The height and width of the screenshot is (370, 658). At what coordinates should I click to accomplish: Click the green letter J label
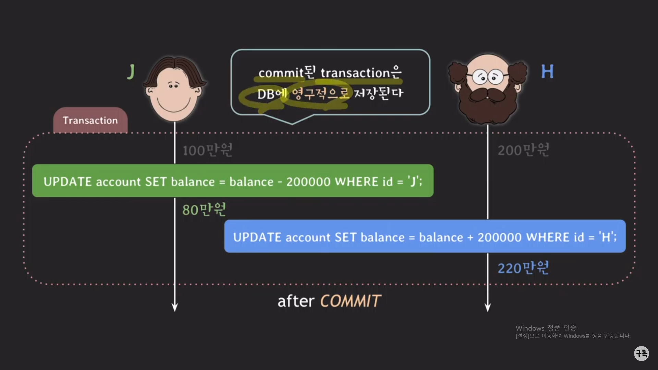(131, 72)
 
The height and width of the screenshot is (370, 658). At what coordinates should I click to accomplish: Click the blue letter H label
(547, 72)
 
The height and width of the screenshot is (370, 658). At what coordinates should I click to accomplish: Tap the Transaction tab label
(90, 120)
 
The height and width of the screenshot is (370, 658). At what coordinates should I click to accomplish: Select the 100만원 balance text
(207, 150)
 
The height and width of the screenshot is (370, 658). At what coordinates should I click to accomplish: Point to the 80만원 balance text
(204, 209)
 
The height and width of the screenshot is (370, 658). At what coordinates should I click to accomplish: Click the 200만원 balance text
(523, 150)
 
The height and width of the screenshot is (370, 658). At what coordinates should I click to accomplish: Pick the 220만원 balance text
(523, 268)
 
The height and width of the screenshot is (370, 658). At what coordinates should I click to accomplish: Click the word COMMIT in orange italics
(350, 301)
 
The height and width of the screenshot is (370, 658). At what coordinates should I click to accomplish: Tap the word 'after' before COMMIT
(295, 301)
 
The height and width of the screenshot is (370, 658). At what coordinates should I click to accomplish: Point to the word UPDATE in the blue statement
(257, 237)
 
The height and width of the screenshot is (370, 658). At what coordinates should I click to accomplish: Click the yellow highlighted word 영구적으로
(320, 93)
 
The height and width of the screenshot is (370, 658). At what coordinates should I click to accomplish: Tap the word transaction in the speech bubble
(355, 73)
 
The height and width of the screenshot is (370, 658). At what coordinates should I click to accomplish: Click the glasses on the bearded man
(488, 77)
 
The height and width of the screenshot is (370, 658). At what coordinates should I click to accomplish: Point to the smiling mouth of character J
(173, 106)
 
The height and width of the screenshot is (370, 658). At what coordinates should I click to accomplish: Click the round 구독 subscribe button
(641, 353)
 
